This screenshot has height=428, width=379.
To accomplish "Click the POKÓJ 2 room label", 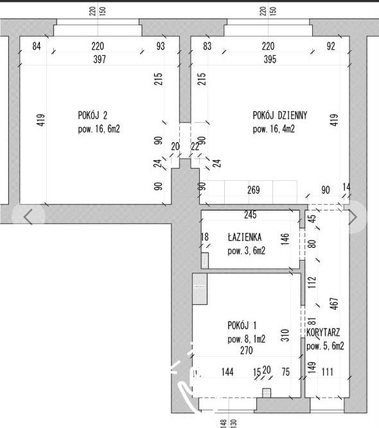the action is click(93, 116).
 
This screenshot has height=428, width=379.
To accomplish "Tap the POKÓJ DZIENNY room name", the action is click(280, 116).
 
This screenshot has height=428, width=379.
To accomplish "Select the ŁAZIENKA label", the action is click(245, 237).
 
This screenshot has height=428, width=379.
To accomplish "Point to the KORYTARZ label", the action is click(323, 332).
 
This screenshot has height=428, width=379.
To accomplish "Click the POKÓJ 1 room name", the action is click(242, 325).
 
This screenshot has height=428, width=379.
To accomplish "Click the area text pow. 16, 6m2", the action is click(99, 129).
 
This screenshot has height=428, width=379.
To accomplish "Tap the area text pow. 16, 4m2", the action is click(274, 129).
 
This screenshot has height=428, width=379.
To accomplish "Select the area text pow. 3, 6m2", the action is click(247, 251).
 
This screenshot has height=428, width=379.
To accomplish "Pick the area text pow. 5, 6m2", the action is click(325, 346).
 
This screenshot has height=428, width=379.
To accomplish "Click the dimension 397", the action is click(100, 59).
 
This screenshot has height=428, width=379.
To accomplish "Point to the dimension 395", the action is click(270, 59).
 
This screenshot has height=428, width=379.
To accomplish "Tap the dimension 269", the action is click(254, 190).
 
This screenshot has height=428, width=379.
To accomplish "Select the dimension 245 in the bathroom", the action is click(251, 215).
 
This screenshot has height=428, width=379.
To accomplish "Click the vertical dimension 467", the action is click(334, 304).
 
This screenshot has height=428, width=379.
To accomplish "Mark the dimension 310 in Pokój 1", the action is click(285, 335).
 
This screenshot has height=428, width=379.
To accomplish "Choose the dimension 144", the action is click(227, 372).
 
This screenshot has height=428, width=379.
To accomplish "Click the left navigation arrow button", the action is click(28, 217).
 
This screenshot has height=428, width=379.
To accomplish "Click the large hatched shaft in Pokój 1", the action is click(200, 289).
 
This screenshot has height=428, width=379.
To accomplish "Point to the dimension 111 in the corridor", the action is click(328, 372).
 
